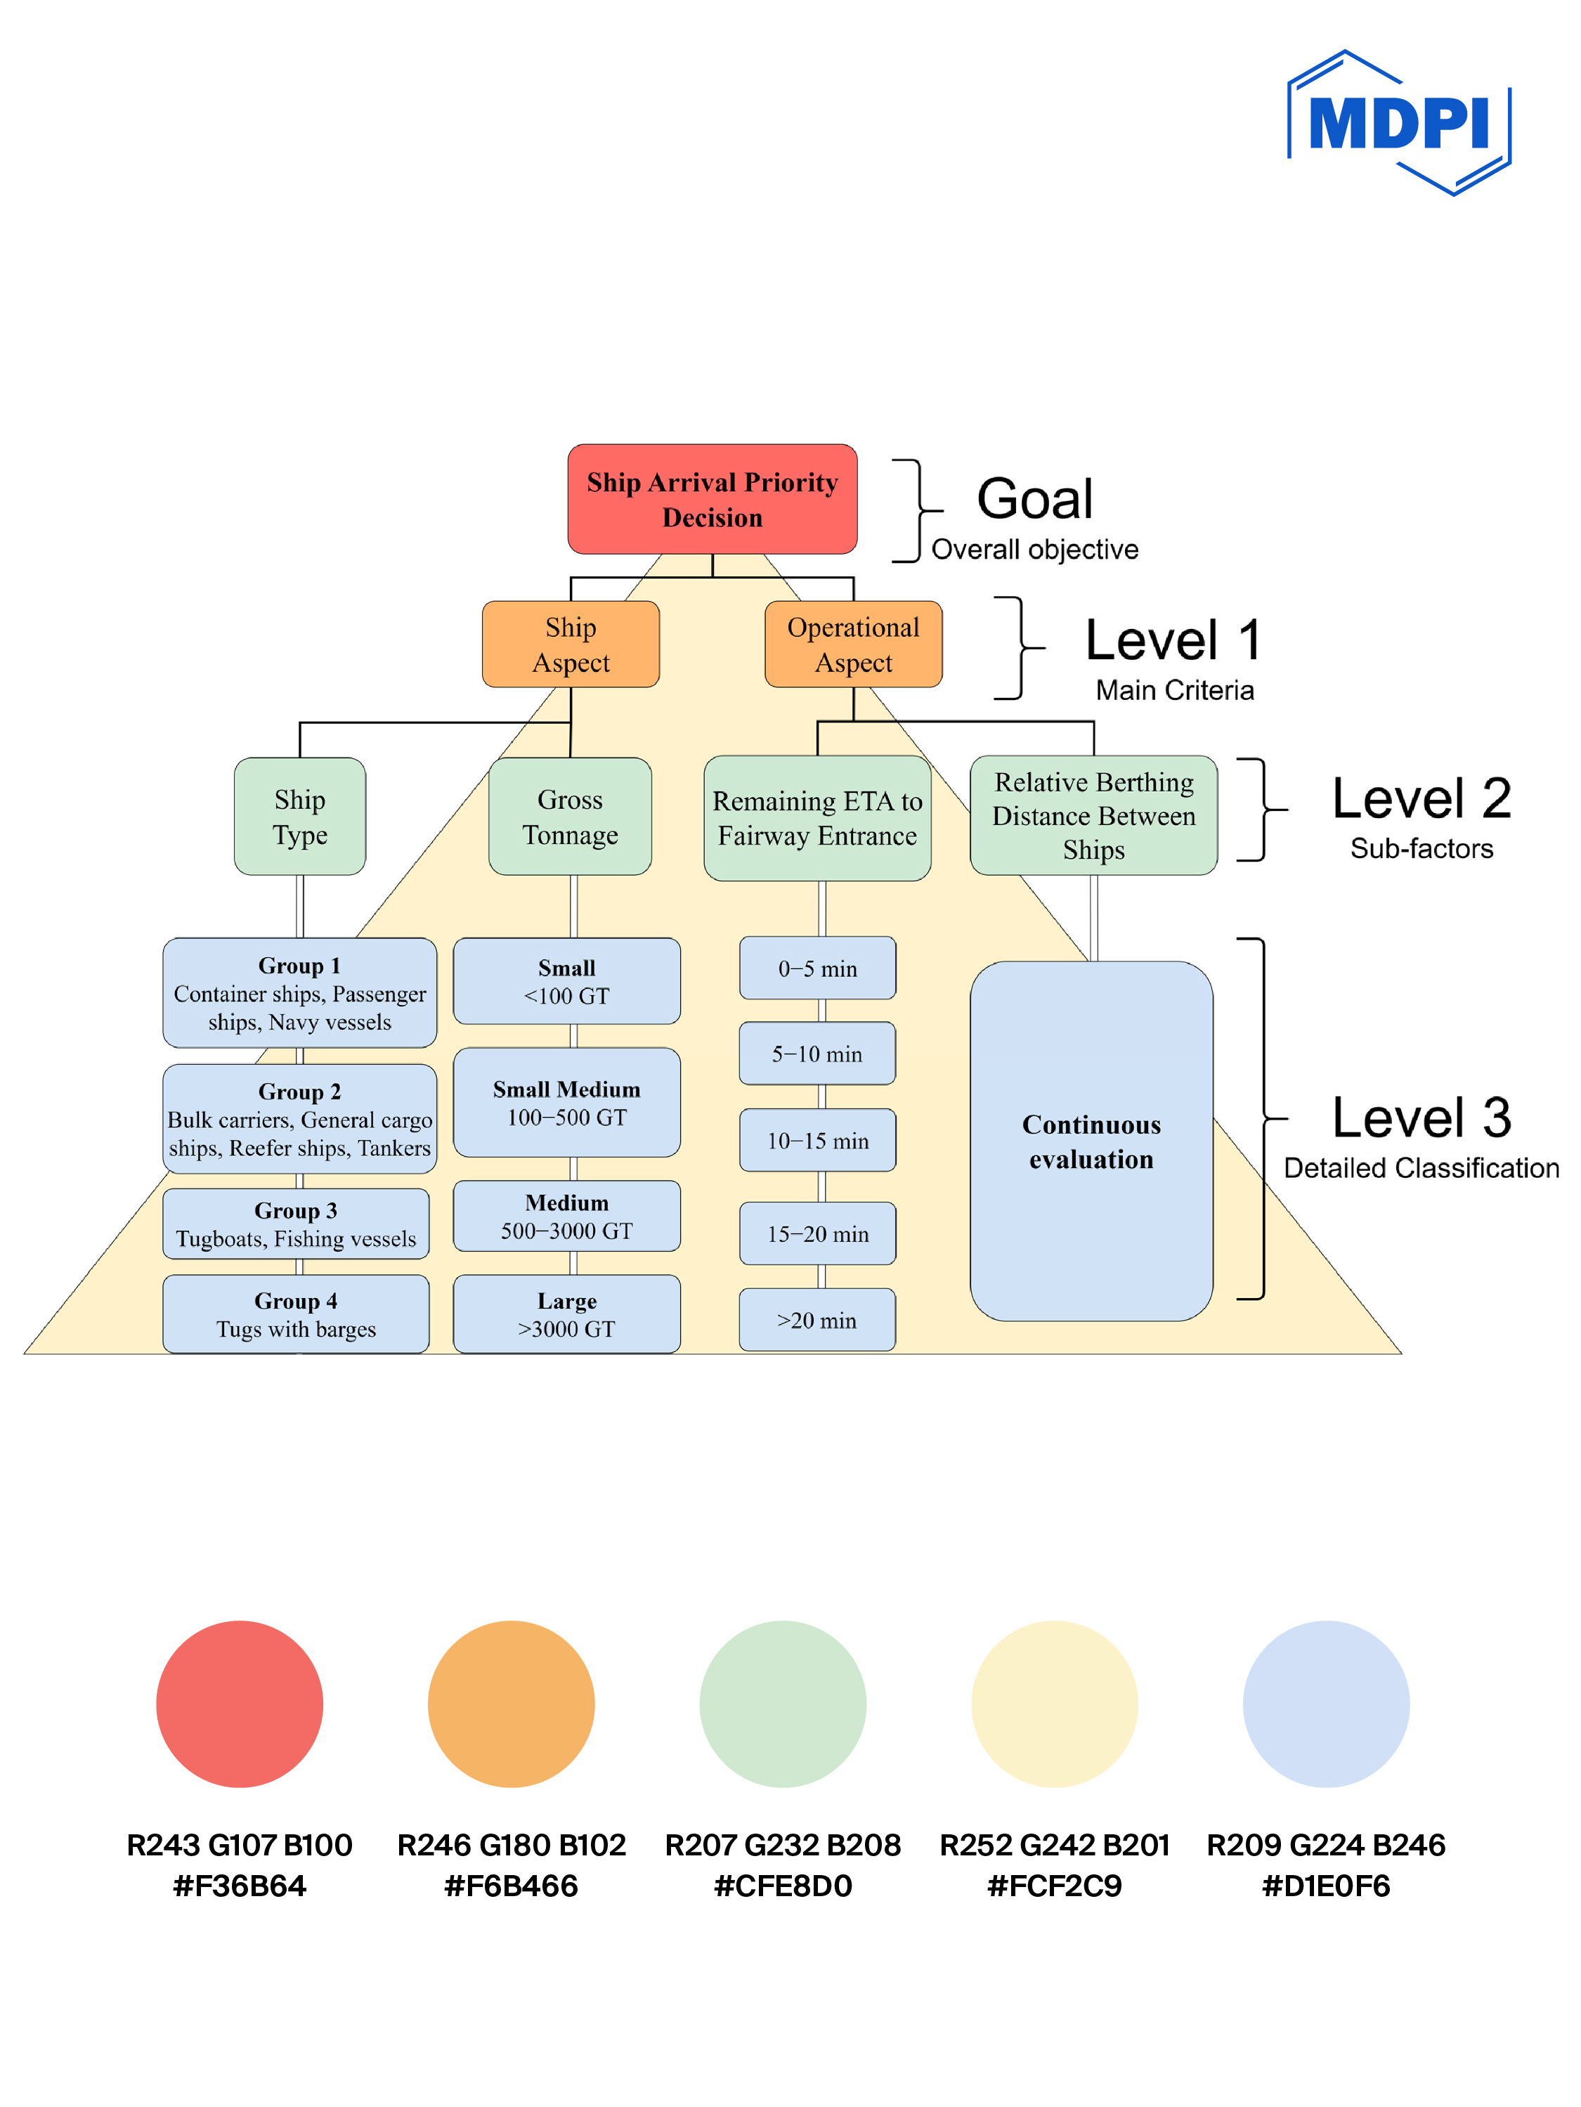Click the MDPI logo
pyautogui.click(x=1398, y=123)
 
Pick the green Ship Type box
pyautogui.click(x=299, y=817)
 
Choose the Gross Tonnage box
pyautogui.click(x=570, y=817)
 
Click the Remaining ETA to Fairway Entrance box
pyautogui.click(x=816, y=818)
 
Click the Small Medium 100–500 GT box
pyautogui.click(x=566, y=1102)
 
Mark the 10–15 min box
pyautogui.click(x=817, y=1139)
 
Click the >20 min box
pyautogui.click(x=817, y=1319)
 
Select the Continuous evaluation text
pyautogui.click(x=1091, y=1141)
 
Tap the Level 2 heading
pyautogui.click(x=1420, y=798)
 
